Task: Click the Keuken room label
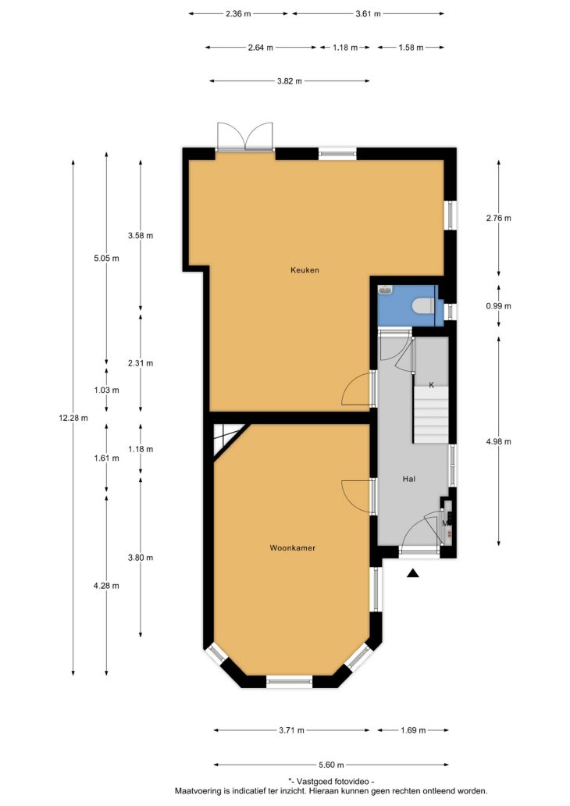coord(305,270)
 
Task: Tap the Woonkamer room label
coord(293,548)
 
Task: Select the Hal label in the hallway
coord(409,479)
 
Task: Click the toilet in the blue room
coord(423,306)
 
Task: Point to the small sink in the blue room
coord(386,291)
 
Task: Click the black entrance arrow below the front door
coord(413,573)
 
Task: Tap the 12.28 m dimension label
coord(73,418)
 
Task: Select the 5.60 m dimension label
coord(333,765)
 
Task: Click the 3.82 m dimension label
coord(290,80)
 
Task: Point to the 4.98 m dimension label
coord(499,441)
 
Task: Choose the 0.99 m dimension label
coord(499,306)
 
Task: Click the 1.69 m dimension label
coord(413,730)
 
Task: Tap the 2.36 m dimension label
coord(238,14)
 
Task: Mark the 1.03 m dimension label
coord(106,391)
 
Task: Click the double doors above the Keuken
coord(244,136)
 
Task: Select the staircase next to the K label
coord(432,415)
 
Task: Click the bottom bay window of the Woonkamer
coord(290,682)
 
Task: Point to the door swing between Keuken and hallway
coord(357,389)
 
